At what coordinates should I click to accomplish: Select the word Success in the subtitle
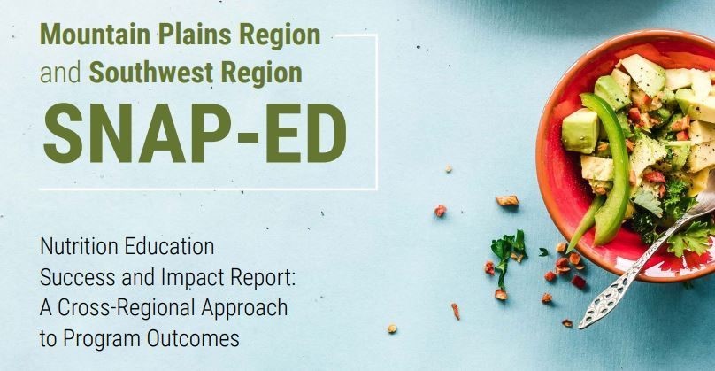[x=74, y=266]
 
